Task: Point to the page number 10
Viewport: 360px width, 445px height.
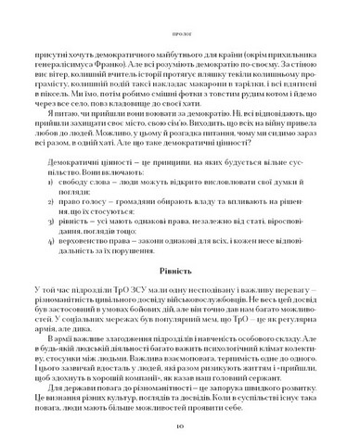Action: (x=180, y=426)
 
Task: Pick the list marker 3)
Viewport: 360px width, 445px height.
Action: (x=75, y=222)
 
